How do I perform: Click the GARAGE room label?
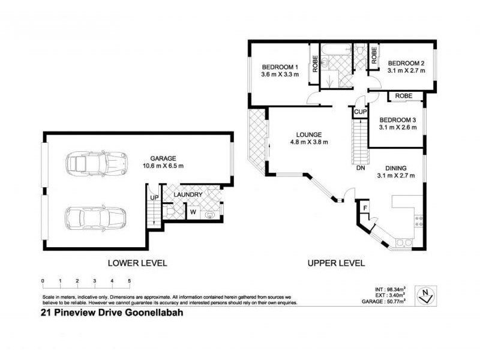tap(163, 158)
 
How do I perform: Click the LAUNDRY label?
tap(188, 195)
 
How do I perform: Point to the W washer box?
tap(194, 212)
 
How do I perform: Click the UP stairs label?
tap(153, 197)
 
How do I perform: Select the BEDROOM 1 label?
tap(280, 67)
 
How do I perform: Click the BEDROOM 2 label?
tap(406, 63)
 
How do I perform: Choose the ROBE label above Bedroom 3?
tap(404, 95)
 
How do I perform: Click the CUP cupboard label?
tap(359, 112)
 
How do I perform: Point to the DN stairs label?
tap(360, 169)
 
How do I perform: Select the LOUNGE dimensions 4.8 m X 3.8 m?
tap(308, 142)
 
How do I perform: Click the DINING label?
tap(398, 167)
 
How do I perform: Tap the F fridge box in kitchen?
tap(363, 208)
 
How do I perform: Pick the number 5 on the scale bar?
tap(129, 281)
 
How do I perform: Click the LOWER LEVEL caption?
tap(137, 263)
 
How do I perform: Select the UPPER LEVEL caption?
tap(336, 263)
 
